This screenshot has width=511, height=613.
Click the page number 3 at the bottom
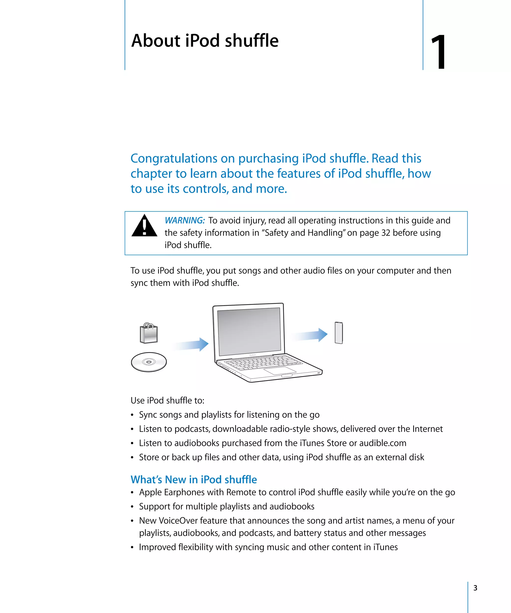click(475, 588)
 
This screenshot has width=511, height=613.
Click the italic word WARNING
click(185, 220)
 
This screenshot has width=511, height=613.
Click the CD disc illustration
click(149, 362)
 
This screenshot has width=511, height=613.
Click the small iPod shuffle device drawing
click(339, 333)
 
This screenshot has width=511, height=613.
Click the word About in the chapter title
click(156, 41)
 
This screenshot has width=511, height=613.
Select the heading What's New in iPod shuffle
click(194, 480)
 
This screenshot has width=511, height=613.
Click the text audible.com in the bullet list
click(383, 443)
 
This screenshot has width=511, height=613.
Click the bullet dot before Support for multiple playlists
click(132, 507)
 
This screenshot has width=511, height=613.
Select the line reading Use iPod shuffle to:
click(167, 401)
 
